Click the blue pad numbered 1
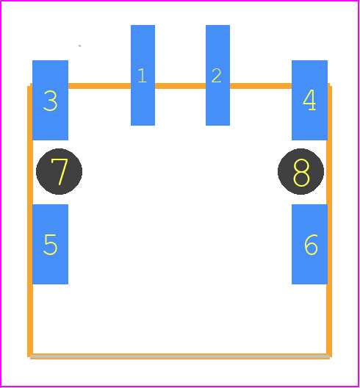143,75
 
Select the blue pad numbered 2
217,75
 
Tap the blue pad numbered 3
50,100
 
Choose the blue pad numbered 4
309,100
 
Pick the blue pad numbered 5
50,244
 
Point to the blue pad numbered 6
309,244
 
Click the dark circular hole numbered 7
59,171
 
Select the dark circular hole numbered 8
301,171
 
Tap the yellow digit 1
143,76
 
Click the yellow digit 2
217,76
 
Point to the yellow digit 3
51,101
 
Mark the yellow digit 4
309,100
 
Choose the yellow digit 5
51,245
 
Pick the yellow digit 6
311,245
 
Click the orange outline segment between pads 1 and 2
181,86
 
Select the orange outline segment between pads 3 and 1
99,86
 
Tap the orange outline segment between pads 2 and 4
261,86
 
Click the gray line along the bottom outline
180,356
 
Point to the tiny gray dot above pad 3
79,46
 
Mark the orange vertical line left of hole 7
30,172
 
